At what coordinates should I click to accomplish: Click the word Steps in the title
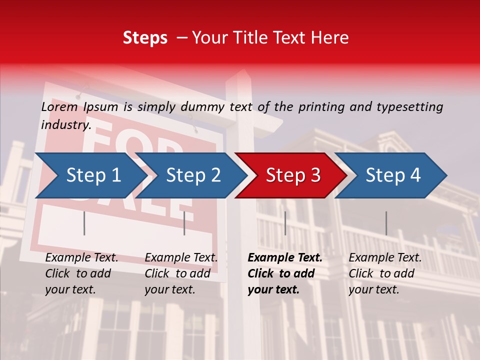145,38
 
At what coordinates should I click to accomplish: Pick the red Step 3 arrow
293,175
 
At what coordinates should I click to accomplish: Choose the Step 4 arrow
393,175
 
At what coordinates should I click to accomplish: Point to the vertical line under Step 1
84,223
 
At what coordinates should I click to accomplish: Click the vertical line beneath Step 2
184,223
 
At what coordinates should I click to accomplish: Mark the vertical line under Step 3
285,223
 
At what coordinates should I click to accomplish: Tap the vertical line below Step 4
386,223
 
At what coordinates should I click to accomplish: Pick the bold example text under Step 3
284,273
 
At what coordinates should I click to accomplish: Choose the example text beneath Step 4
385,273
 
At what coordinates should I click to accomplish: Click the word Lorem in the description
59,106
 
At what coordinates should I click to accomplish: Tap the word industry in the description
66,125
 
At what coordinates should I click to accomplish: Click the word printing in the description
321,106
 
